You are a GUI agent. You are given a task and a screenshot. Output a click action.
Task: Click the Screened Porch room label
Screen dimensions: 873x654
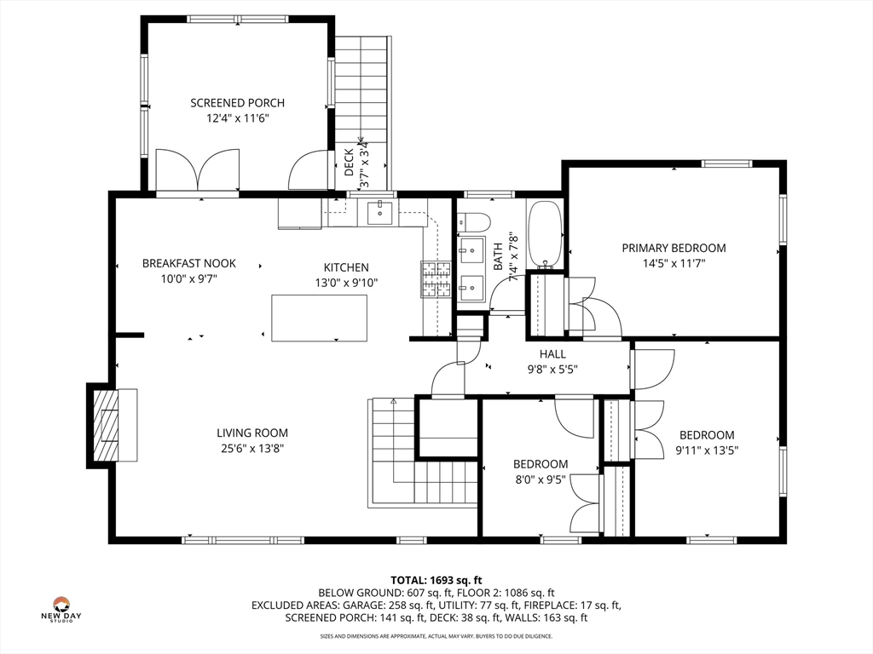(x=237, y=103)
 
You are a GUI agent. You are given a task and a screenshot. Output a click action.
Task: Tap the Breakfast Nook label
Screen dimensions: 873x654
(x=189, y=263)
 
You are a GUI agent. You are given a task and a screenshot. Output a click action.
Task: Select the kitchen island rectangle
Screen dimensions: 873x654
(x=319, y=318)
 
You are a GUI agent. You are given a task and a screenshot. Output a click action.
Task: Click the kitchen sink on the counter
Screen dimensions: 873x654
(x=379, y=212)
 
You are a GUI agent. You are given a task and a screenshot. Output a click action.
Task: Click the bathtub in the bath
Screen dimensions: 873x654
(x=546, y=235)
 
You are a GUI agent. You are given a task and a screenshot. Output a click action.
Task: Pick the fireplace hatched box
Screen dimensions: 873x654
(x=107, y=426)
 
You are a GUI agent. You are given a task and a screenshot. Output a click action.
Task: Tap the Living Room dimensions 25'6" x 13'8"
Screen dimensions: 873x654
(x=252, y=448)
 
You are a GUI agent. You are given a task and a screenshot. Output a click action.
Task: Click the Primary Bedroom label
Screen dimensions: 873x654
(x=674, y=248)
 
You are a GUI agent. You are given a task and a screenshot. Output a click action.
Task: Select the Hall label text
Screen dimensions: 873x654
(x=552, y=353)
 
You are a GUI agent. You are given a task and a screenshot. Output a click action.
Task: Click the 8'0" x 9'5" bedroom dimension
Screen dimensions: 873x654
(x=540, y=479)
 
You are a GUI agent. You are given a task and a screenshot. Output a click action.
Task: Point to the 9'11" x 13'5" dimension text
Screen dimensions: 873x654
(x=707, y=450)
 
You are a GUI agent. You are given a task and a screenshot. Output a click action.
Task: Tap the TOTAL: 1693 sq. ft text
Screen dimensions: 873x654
(x=436, y=581)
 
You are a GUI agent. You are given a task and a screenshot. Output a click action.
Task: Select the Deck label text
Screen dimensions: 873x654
(x=349, y=162)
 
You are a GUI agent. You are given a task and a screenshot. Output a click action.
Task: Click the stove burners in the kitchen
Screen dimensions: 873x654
(x=436, y=279)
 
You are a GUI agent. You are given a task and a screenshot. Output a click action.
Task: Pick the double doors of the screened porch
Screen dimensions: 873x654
(x=198, y=169)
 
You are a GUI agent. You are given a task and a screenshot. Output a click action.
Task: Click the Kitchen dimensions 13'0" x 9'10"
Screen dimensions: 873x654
(x=346, y=283)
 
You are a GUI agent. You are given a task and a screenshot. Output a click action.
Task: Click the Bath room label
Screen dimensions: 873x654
(x=498, y=256)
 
